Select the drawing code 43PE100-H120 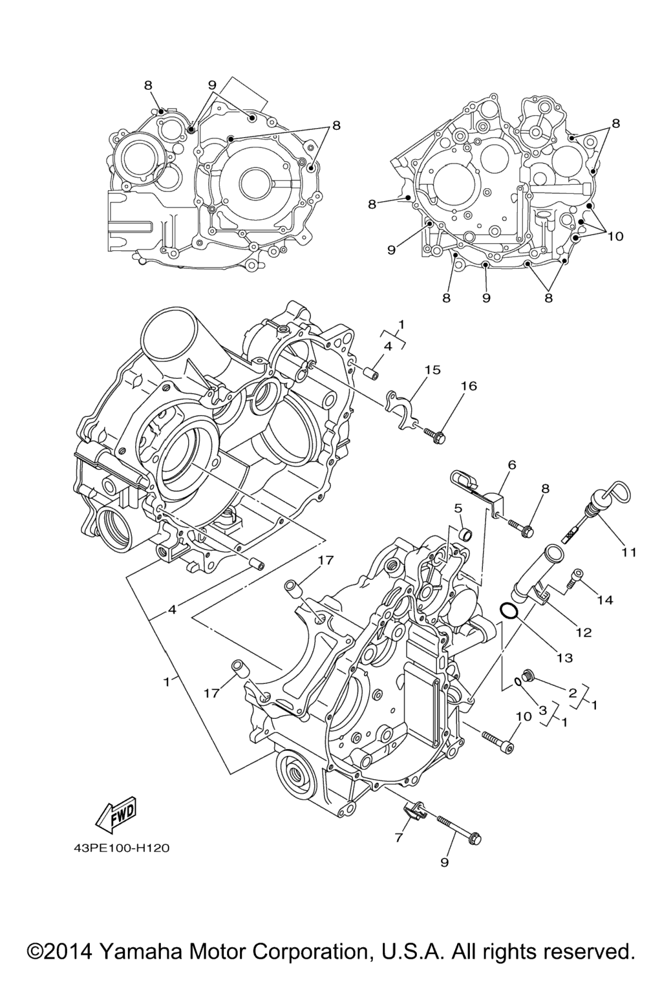point(122,847)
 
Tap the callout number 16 point(469,386)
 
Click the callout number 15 point(432,370)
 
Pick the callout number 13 point(564,657)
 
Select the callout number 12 point(583,632)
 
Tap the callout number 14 point(604,600)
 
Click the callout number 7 point(399,838)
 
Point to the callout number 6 point(512,464)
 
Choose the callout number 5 point(458,507)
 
